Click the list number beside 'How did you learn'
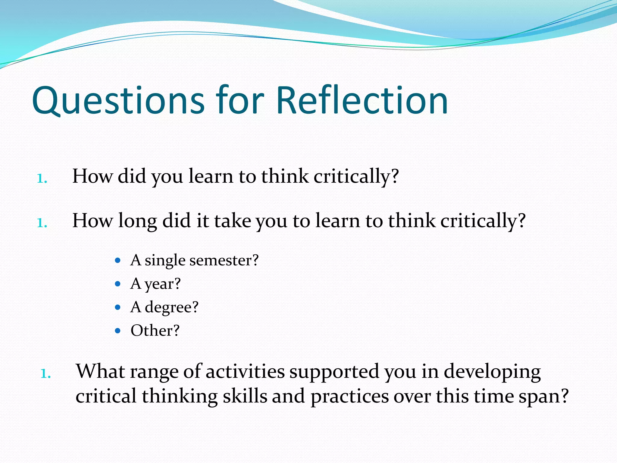42,179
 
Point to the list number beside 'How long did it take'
42,223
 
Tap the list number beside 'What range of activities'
45,374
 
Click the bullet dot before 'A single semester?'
118,260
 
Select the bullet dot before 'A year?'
118,284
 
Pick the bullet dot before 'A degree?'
118,307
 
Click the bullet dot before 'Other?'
118,331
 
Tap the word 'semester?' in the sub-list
224,260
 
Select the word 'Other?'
155,331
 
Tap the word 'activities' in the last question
245,372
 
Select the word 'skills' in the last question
245,396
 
